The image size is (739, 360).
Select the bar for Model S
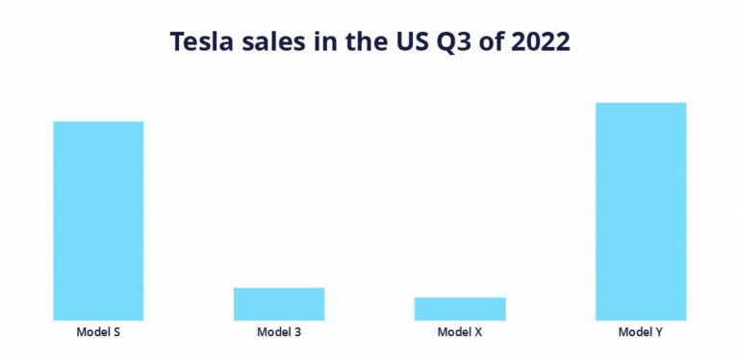98,220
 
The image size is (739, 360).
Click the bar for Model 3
279,303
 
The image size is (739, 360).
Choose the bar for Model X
460,308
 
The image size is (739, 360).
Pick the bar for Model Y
641,211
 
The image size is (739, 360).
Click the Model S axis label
98,333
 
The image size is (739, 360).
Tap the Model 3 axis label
279,333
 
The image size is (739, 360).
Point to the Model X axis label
460,333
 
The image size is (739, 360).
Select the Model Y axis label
641,333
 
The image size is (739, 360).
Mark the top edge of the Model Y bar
641,103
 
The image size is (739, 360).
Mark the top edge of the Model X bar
460,297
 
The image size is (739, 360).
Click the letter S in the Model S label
115,333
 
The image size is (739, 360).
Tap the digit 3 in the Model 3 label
297,333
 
